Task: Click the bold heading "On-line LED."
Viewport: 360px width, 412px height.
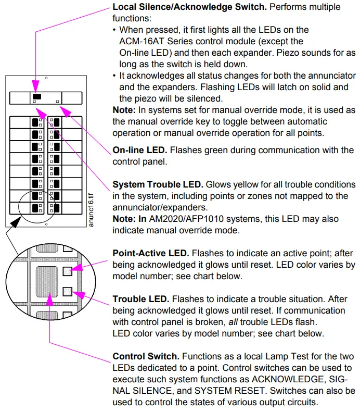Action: click(139, 151)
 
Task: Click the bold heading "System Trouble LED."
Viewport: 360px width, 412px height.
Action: click(158, 185)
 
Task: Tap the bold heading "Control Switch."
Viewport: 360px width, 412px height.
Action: click(146, 356)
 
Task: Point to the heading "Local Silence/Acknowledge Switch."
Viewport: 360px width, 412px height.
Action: click(182, 8)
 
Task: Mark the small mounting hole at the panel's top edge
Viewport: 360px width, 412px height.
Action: click(46, 78)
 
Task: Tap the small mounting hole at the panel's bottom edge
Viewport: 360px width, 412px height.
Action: click(46, 224)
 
